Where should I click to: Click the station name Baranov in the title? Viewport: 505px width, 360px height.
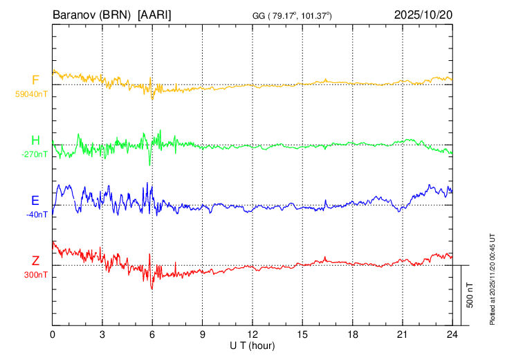point(74,15)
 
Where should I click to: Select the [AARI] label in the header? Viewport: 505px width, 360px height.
point(155,15)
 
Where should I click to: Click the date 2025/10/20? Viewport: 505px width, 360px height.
point(423,15)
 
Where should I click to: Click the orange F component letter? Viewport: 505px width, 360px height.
point(35,80)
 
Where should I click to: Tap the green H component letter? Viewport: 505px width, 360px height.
point(35,141)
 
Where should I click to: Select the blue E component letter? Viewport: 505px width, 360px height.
point(35,201)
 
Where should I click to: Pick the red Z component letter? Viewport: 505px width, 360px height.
point(35,261)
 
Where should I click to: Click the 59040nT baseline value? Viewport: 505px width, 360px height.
point(33,93)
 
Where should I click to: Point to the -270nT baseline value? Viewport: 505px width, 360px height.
point(35,154)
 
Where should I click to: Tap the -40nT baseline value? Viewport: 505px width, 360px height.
point(37,215)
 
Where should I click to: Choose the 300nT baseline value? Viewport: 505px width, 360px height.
point(35,275)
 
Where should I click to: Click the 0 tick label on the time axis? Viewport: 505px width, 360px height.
point(53,333)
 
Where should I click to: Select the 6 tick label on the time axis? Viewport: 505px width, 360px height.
point(152,333)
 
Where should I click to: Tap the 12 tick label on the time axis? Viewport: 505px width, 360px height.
point(252,333)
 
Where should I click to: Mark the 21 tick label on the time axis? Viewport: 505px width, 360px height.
point(402,333)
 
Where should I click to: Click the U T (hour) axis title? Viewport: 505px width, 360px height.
point(253,344)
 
